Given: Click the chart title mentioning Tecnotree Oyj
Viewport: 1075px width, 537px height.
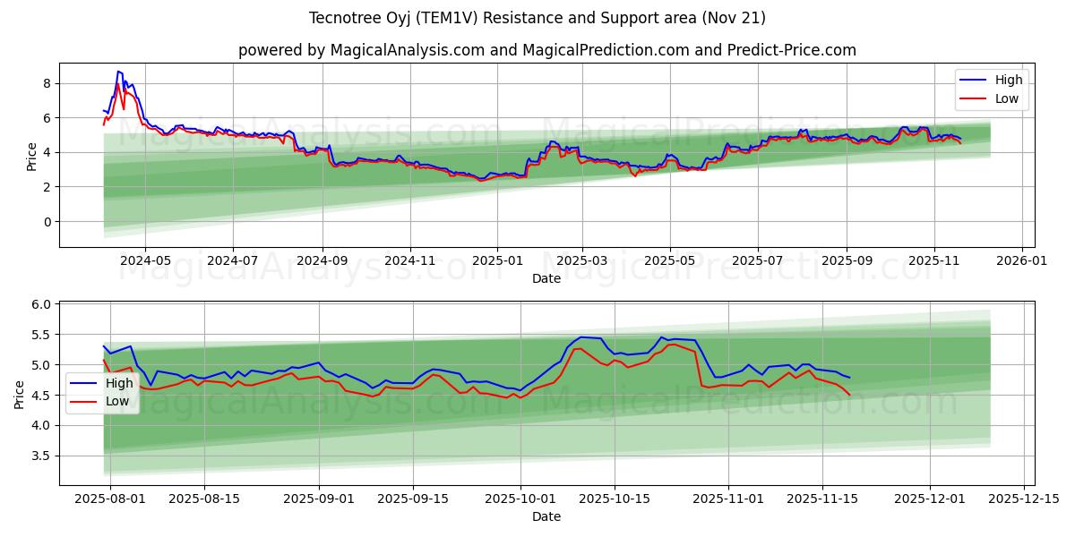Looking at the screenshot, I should pos(537,18).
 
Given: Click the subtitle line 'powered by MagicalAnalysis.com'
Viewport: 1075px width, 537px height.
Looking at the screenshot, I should pos(546,50).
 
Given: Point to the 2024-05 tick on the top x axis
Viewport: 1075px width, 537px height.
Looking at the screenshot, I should pos(145,260).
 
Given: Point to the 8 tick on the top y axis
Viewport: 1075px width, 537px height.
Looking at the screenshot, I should pos(48,83).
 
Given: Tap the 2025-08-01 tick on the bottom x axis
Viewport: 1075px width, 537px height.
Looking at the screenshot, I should pos(110,499).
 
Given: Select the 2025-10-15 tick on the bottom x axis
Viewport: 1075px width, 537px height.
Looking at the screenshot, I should pos(615,499).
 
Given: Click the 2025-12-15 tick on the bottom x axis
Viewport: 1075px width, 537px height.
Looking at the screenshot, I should pos(1023,499).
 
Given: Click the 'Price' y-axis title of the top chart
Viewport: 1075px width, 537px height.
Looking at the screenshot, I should pos(32,156).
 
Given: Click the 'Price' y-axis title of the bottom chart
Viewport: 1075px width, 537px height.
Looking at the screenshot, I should pos(20,394).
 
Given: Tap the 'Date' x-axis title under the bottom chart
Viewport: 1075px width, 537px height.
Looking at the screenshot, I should pos(546,516).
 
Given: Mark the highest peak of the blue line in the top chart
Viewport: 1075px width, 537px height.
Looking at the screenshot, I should pos(118,71).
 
